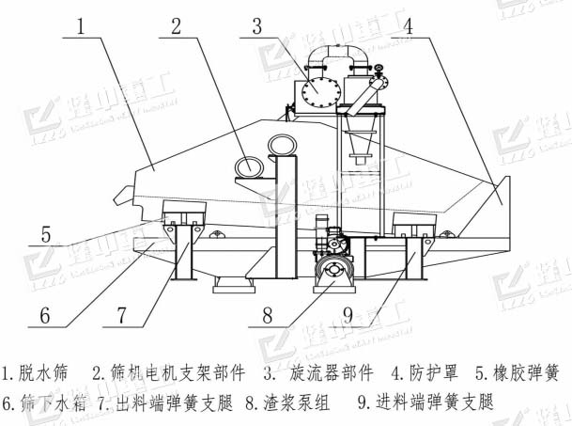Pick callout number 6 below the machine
(45, 314)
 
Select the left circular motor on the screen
(250, 167)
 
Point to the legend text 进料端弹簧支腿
(436, 403)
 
